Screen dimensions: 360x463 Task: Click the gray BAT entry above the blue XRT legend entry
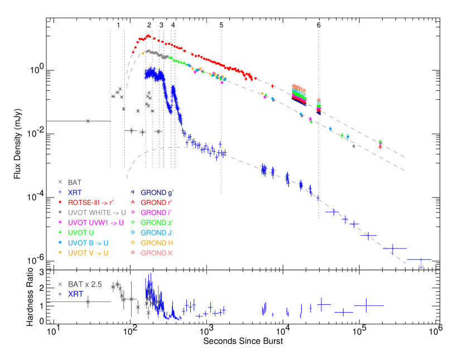[x=74, y=182]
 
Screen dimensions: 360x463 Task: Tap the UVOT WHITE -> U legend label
[x=95, y=212]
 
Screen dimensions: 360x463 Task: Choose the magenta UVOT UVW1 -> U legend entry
[x=95, y=222]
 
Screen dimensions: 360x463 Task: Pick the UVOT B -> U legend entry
[x=88, y=243]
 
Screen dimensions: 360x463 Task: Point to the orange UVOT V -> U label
[x=88, y=253]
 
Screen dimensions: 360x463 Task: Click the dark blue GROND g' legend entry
[x=157, y=192]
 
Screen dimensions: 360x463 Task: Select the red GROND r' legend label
[x=157, y=202]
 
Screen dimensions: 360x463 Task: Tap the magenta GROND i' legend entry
[x=157, y=212]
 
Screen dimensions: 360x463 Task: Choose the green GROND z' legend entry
[x=157, y=222]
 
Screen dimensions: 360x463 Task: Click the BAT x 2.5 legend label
[x=85, y=284]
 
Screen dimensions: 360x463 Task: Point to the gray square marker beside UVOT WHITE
[x=60, y=212]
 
